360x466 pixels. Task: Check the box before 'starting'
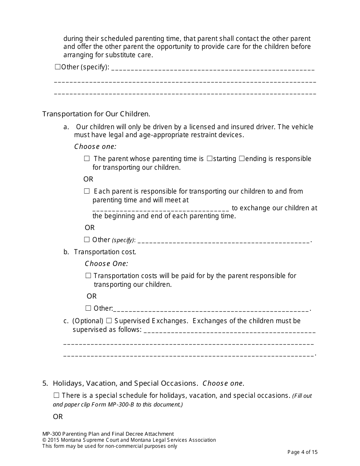210,159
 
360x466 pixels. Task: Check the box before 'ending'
242,159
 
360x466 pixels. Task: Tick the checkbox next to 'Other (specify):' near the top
58,67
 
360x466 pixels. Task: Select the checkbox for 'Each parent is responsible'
87,191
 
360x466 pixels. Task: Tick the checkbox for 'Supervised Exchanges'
109,321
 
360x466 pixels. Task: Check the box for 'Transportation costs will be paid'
88,276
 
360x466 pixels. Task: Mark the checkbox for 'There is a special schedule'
56,396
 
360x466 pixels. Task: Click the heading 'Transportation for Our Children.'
96,114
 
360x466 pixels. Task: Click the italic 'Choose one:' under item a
95,147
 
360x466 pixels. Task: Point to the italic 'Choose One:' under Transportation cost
106,264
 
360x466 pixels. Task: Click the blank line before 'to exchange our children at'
161,208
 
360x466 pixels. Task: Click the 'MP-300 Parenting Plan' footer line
108,434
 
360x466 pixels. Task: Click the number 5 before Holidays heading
45,383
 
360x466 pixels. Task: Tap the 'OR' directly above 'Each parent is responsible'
88,179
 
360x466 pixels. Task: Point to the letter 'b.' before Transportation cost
66,252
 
